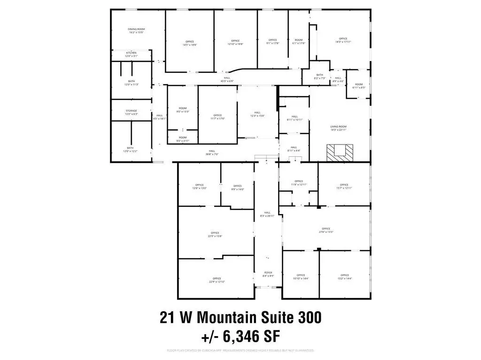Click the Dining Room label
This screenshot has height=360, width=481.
click(x=136, y=31)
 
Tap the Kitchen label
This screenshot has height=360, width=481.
click(x=131, y=54)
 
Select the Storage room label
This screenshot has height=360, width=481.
click(x=131, y=112)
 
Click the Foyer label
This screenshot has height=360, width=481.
click(x=268, y=274)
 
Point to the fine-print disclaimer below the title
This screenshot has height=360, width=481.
click(x=240, y=351)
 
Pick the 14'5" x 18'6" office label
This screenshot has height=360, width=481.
click(x=190, y=43)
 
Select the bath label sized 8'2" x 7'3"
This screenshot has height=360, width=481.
click(x=320, y=77)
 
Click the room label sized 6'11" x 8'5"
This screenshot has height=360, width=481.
click(x=359, y=85)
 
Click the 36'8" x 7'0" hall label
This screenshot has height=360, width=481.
click(x=212, y=153)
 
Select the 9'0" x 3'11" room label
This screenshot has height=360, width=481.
click(x=183, y=139)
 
